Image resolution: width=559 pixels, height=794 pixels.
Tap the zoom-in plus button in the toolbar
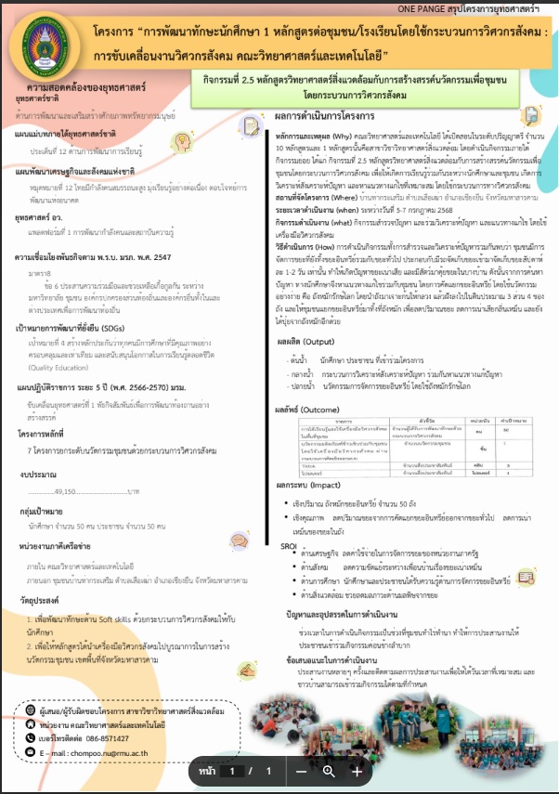[x=357, y=771]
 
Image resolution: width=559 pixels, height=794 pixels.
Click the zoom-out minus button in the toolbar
[x=301, y=771]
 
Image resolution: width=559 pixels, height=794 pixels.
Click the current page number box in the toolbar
[x=236, y=771]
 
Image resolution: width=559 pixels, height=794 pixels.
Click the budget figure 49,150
[x=72, y=489]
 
